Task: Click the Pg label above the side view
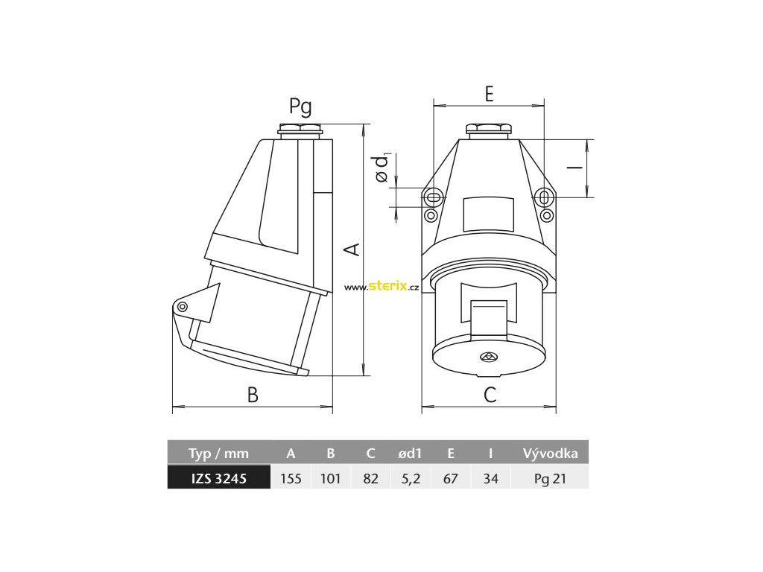pos(300,107)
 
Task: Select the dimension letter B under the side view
pos(253,395)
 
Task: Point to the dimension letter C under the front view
pos(490,395)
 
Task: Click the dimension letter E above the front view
pos(489,94)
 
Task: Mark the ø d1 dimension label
pos(383,168)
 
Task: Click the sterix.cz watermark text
pos(381,287)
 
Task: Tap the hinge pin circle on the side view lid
pos(183,306)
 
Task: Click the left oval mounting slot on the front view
pos(432,198)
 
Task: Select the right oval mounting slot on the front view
pos(545,198)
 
